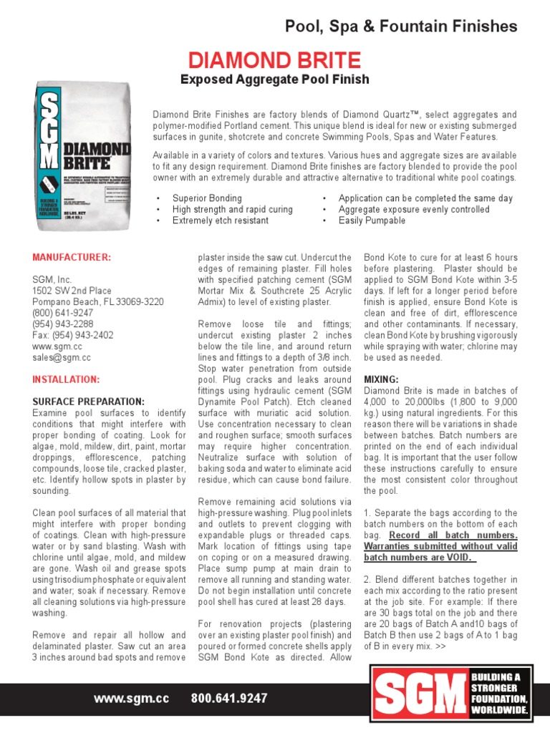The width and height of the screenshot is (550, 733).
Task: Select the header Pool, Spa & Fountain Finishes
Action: [x=401, y=26]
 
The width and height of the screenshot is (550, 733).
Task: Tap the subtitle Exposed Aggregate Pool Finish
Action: [x=274, y=79]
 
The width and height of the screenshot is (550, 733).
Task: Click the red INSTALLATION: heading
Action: [x=66, y=379]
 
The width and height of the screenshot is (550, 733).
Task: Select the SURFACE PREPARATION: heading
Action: [x=88, y=402]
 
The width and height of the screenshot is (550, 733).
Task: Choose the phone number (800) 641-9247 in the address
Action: [x=62, y=313]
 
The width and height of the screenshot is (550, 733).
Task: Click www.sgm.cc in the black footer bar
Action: [x=132, y=698]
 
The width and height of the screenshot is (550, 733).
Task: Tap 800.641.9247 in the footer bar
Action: [x=229, y=698]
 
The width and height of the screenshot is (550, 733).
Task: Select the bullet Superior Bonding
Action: [x=207, y=198]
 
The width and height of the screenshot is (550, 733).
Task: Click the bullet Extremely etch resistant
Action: [x=220, y=220]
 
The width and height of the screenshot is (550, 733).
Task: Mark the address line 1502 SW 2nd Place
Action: [x=72, y=291]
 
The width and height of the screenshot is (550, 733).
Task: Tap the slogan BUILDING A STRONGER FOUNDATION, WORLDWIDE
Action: [x=499, y=694]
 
